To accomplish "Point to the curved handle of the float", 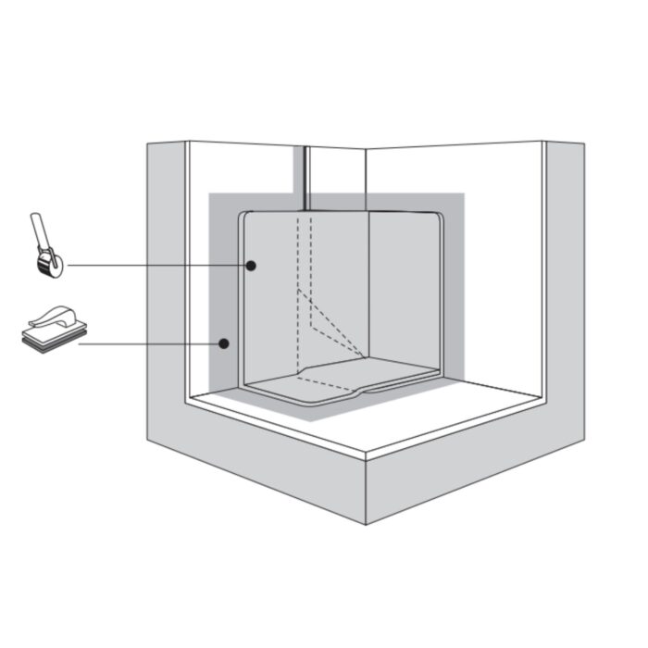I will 56,316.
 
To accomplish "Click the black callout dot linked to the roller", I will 251,266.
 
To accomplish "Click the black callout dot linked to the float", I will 223,344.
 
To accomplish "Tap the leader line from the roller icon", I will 157,266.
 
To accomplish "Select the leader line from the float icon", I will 148,344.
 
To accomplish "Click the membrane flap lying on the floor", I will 333,381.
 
